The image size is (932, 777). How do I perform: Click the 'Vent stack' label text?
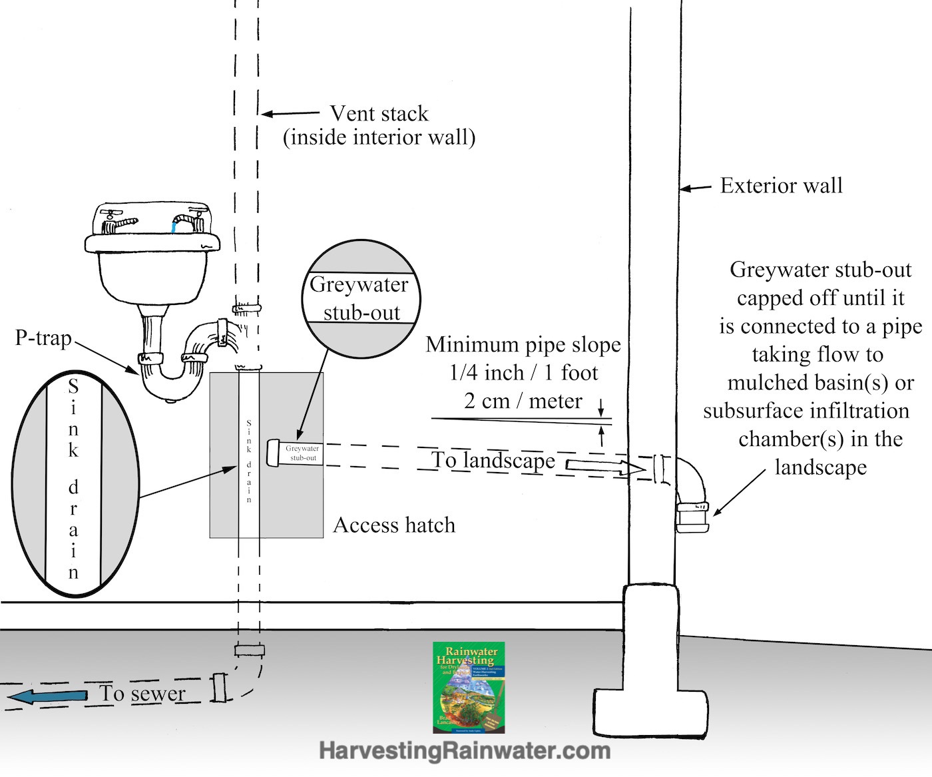379,114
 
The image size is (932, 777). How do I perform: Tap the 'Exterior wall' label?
781,185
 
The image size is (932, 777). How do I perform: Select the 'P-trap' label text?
43,338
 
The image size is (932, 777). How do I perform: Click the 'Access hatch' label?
394,525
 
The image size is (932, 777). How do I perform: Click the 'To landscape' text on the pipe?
493,461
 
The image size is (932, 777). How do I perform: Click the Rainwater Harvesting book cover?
469,687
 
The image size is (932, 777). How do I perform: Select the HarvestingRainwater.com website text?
465,751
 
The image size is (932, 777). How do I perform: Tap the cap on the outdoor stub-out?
693,519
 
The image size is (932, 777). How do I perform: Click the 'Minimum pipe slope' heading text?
523,345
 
